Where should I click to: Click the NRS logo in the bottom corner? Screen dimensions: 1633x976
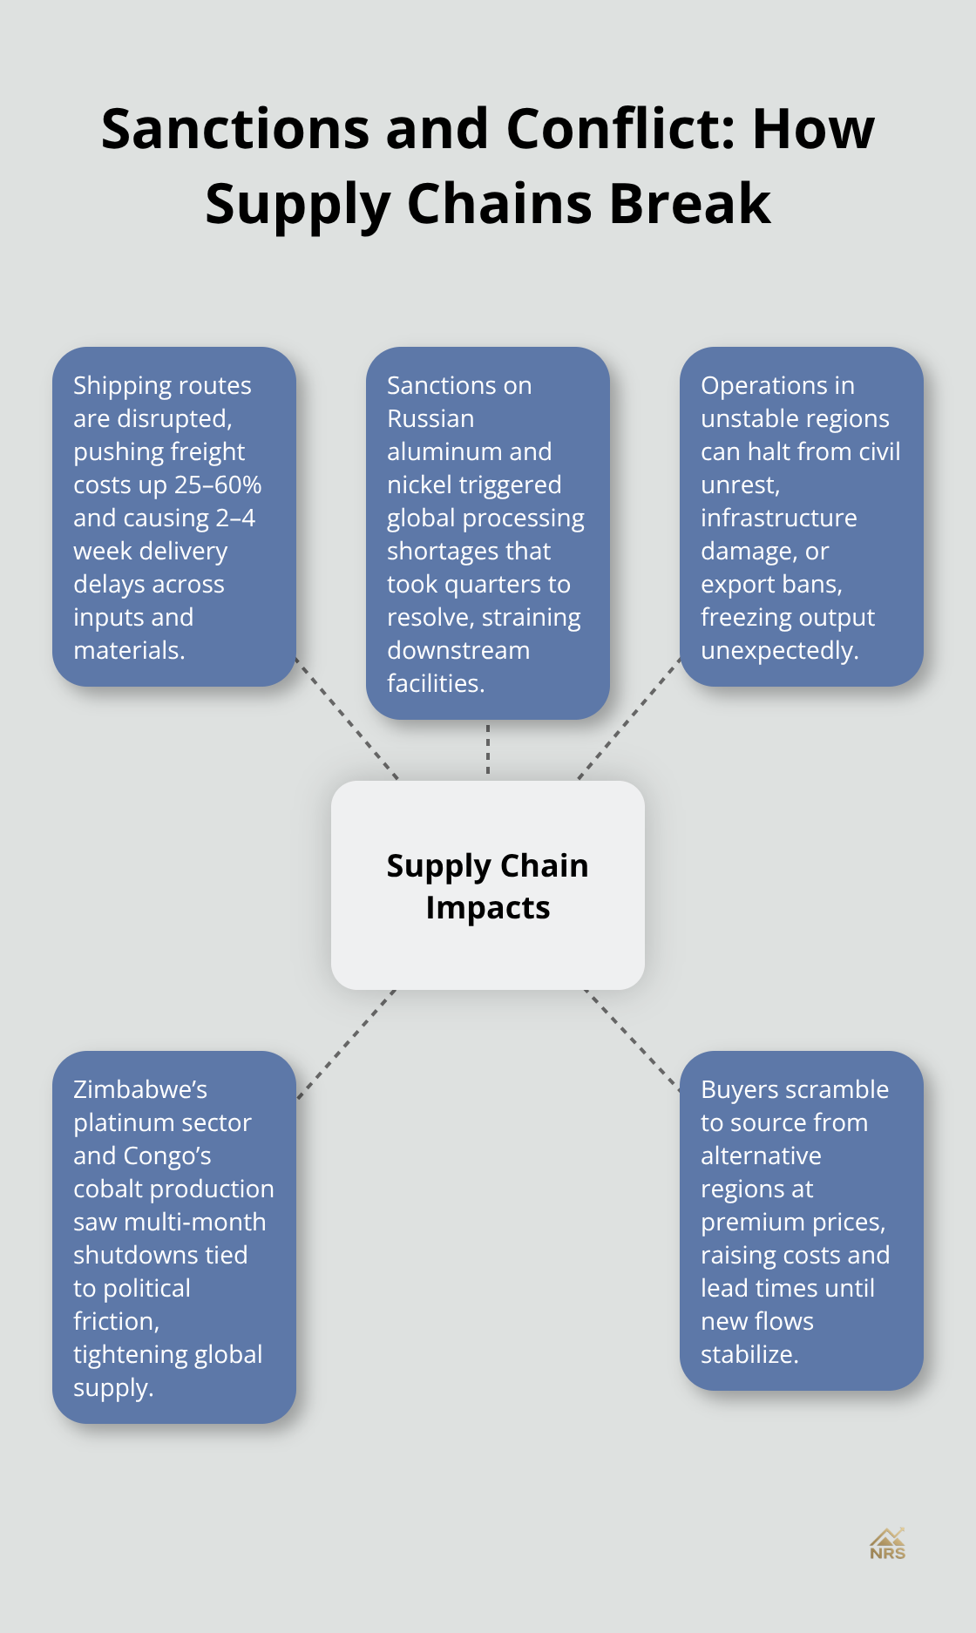(x=887, y=1544)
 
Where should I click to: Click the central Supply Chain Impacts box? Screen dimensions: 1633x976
(x=488, y=885)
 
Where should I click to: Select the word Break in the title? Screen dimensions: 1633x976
(x=690, y=204)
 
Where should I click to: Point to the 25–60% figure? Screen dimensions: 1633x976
(x=218, y=484)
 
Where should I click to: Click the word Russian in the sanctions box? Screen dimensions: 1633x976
(x=430, y=418)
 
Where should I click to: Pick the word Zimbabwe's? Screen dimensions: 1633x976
(x=140, y=1089)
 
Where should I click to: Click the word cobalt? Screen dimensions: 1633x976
(x=107, y=1189)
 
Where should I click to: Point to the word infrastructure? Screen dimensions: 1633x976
(x=778, y=518)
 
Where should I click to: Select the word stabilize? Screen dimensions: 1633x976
(x=749, y=1354)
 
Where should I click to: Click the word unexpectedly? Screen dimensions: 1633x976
(x=779, y=650)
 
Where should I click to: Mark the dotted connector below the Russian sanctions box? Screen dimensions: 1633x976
(x=488, y=749)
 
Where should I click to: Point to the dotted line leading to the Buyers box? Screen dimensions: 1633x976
(x=633, y=1039)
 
